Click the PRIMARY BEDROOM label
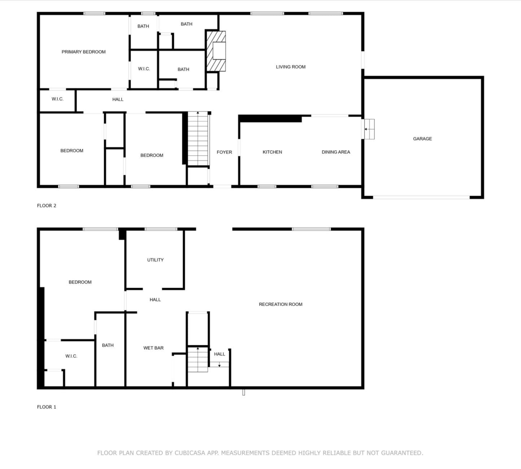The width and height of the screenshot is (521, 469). pos(83,52)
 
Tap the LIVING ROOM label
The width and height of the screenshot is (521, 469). pos(290,67)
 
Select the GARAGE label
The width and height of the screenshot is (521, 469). pos(422,139)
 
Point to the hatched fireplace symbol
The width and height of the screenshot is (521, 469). pos(216,51)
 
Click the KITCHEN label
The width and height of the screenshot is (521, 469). pos(272,152)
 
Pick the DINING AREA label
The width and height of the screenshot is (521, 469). pos(336,152)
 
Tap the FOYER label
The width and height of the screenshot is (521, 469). pos(224,152)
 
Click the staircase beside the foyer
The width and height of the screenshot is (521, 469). pos(198,139)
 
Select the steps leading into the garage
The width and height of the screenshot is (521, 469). pos(369,129)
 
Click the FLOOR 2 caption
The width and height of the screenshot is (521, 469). pos(47,206)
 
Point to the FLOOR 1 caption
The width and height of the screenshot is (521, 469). pos(47,407)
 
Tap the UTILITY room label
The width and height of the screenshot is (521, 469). pos(155,260)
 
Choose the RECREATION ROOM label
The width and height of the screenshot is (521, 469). pos(280,304)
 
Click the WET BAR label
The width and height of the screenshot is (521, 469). pos(153,348)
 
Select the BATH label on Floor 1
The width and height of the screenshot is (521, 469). pos(108,345)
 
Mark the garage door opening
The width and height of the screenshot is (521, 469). pos(421,197)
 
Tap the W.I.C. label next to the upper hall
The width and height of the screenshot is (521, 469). pos(57,99)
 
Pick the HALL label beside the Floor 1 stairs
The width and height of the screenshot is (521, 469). pos(219,354)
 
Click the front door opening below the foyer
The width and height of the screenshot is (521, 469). pos(222,187)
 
